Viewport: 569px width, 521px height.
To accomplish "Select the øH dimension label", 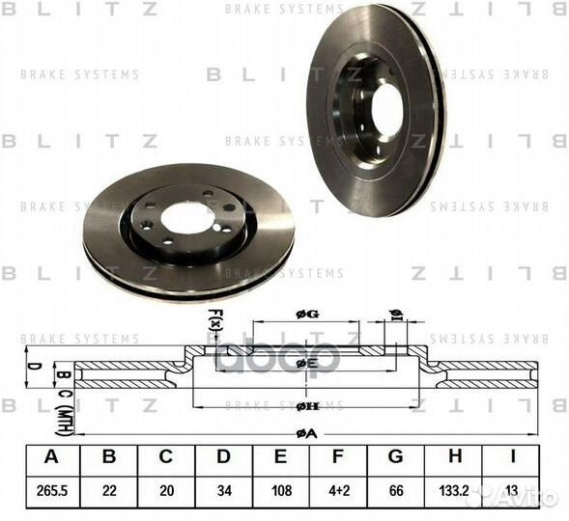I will [306, 406].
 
